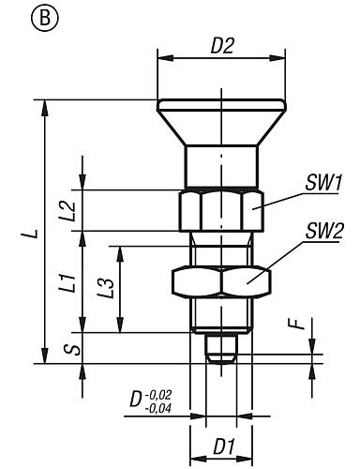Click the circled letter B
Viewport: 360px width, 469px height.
coord(45,19)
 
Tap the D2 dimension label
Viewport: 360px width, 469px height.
coord(222,46)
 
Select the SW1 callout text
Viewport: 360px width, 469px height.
coord(323,183)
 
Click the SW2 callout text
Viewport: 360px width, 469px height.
coord(324,232)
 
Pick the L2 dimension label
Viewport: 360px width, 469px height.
coord(68,211)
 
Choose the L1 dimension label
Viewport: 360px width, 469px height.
coord(68,283)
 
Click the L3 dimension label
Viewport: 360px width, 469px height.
coord(105,288)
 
